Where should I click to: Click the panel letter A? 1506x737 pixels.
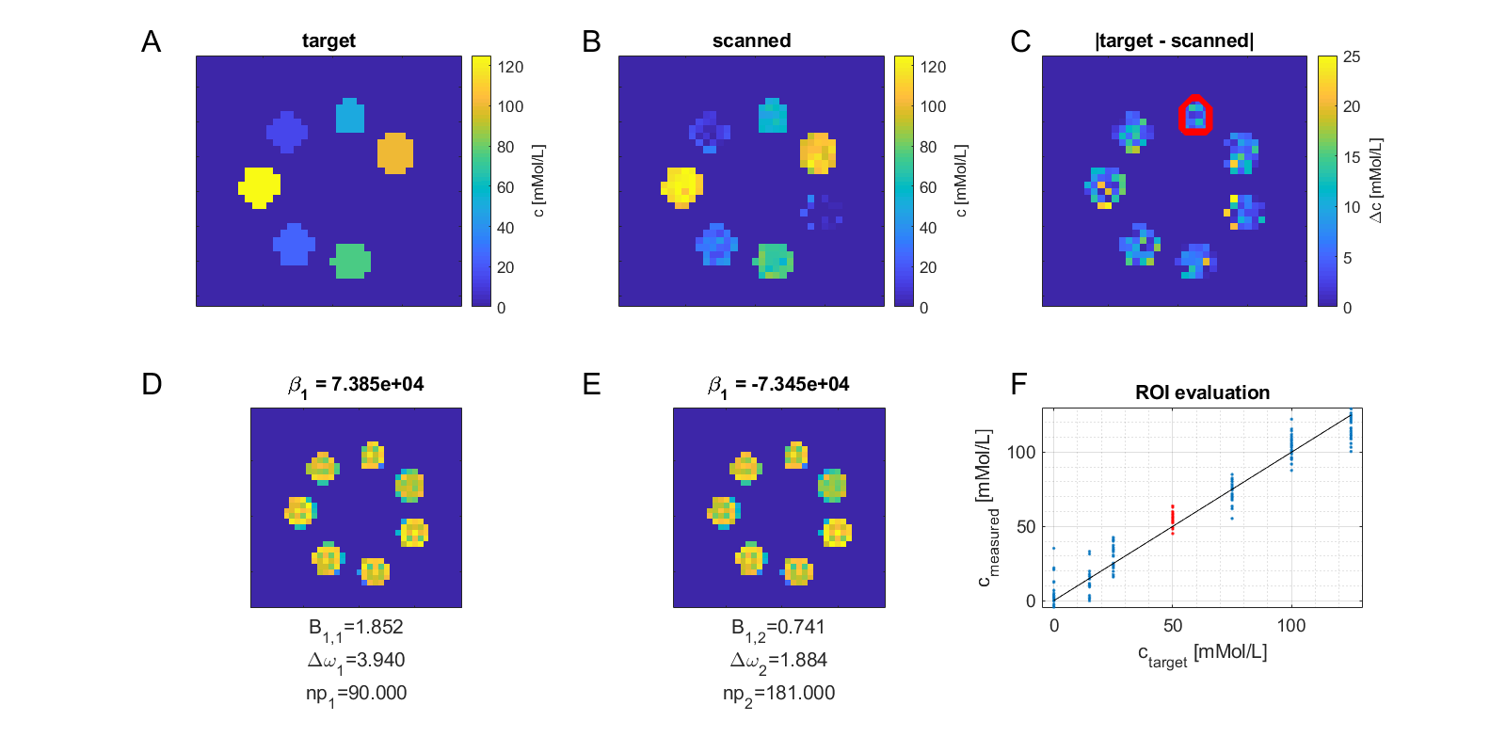pos(151,41)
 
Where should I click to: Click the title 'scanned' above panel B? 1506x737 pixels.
pos(751,40)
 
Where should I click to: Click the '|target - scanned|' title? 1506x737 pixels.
pos(1174,40)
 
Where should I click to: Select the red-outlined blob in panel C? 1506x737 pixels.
pos(1195,115)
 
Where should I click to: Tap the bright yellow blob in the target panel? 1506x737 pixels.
pos(259,186)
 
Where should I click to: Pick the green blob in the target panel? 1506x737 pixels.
pos(351,261)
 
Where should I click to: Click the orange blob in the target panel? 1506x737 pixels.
pos(395,152)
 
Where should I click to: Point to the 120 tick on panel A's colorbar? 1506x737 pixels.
pos(510,67)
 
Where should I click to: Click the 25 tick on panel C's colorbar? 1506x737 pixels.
pos(1351,56)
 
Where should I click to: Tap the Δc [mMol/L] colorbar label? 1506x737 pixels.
pos(1375,181)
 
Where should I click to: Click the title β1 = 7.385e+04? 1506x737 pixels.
pos(356,384)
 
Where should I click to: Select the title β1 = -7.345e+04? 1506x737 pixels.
pos(778,384)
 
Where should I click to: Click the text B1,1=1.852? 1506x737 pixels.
pos(356,628)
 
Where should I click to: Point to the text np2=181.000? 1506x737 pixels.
pos(778,694)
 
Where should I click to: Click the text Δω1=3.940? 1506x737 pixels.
pos(356,661)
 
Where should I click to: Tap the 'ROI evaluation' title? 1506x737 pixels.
pos(1202,393)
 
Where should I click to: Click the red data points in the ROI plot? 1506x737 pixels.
pos(1173,520)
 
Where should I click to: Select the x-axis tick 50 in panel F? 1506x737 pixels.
pos(1173,626)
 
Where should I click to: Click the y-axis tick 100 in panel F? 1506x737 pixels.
pos(1021,453)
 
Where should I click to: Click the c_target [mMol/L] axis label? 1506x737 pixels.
pos(1202,653)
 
